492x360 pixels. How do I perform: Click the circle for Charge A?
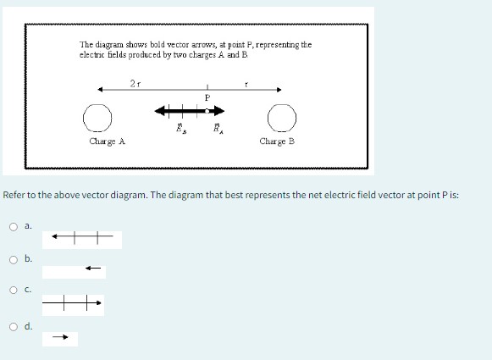pos(97,115)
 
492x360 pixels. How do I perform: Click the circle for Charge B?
pos(282,115)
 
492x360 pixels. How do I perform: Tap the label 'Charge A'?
pos(107,141)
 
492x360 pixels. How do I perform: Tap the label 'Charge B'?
pos(277,141)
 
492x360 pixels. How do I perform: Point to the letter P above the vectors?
pos(207,99)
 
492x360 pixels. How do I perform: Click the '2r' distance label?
pos(135,83)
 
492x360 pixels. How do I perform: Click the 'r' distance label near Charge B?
pos(246,84)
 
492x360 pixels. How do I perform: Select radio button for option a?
pos(14,226)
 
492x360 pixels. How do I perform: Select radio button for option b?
pos(14,258)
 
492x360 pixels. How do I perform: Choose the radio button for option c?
pos(14,291)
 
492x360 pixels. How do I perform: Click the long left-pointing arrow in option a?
pos(81,237)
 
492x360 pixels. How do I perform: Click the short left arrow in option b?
pos(93,269)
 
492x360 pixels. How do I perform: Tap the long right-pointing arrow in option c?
pos(73,301)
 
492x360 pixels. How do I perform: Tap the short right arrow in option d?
pos(60,337)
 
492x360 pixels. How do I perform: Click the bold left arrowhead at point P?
pos(159,110)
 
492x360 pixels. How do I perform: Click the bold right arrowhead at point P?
pos(218,110)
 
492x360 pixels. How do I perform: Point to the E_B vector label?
pos(178,129)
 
